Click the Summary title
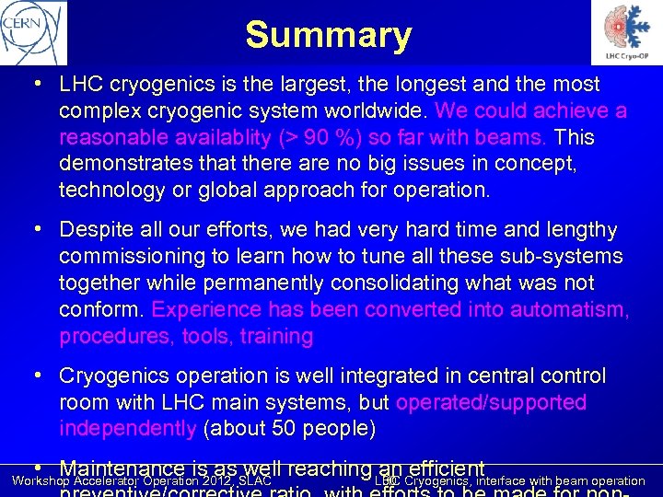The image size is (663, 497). (x=328, y=35)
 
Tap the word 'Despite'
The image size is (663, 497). (x=96, y=230)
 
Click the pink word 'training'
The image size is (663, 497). (x=276, y=337)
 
